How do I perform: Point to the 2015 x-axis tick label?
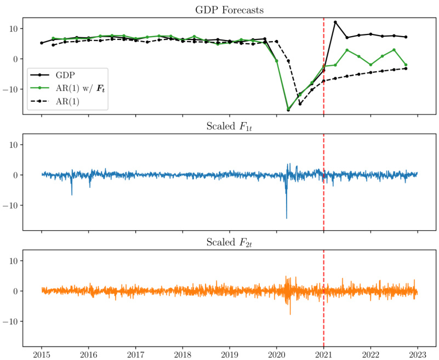pyautogui.click(x=42, y=354)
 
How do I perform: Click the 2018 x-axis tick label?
pyautogui.click(x=183, y=354)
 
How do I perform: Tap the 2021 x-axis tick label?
pyautogui.click(x=323, y=354)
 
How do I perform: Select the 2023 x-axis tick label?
pyautogui.click(x=418, y=354)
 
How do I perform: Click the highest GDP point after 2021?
pyautogui.click(x=335, y=22)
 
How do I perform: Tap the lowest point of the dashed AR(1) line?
pyautogui.click(x=300, y=104)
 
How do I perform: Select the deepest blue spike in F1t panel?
pyautogui.click(x=286, y=218)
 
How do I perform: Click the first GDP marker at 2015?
pyautogui.click(x=42, y=43)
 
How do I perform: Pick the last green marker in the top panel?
pyautogui.click(x=406, y=65)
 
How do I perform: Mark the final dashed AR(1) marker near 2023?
pyautogui.click(x=406, y=68)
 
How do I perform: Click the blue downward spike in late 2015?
pyautogui.click(x=72, y=195)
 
